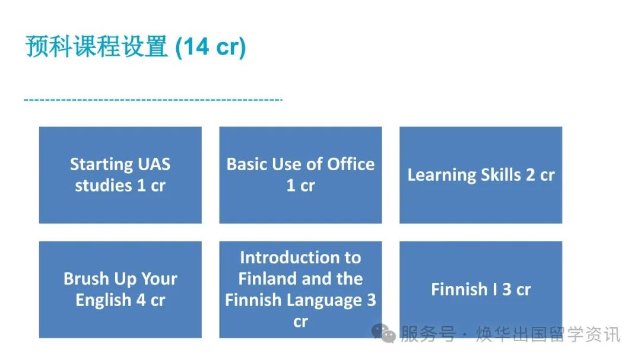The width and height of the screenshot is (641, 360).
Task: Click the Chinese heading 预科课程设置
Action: pyautogui.click(x=97, y=46)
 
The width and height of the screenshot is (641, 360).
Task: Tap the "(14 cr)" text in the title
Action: pyautogui.click(x=211, y=47)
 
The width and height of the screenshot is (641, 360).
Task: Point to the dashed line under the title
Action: pyautogui.click(x=153, y=99)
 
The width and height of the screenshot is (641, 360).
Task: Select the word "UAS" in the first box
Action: pyautogui.click(x=154, y=164)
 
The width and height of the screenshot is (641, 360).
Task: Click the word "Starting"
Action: pyautogui.click(x=102, y=165)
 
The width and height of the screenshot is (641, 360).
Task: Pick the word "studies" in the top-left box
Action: pyautogui.click(x=103, y=186)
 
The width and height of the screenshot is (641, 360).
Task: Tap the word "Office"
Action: pyautogui.click(x=351, y=164)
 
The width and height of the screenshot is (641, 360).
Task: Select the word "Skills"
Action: pyautogui.click(x=501, y=174)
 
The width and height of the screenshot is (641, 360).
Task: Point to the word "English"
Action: pyautogui.click(x=103, y=300)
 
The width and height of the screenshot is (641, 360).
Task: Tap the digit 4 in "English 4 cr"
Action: pyautogui.click(x=141, y=300)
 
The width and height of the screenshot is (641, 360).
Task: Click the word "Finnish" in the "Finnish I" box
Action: pyautogui.click(x=459, y=289)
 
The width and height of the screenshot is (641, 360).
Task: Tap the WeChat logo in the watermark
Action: pyautogui.click(x=383, y=333)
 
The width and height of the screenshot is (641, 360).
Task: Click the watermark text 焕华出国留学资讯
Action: pyautogui.click(x=548, y=334)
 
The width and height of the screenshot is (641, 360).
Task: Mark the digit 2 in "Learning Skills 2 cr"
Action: pyautogui.click(x=530, y=175)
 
